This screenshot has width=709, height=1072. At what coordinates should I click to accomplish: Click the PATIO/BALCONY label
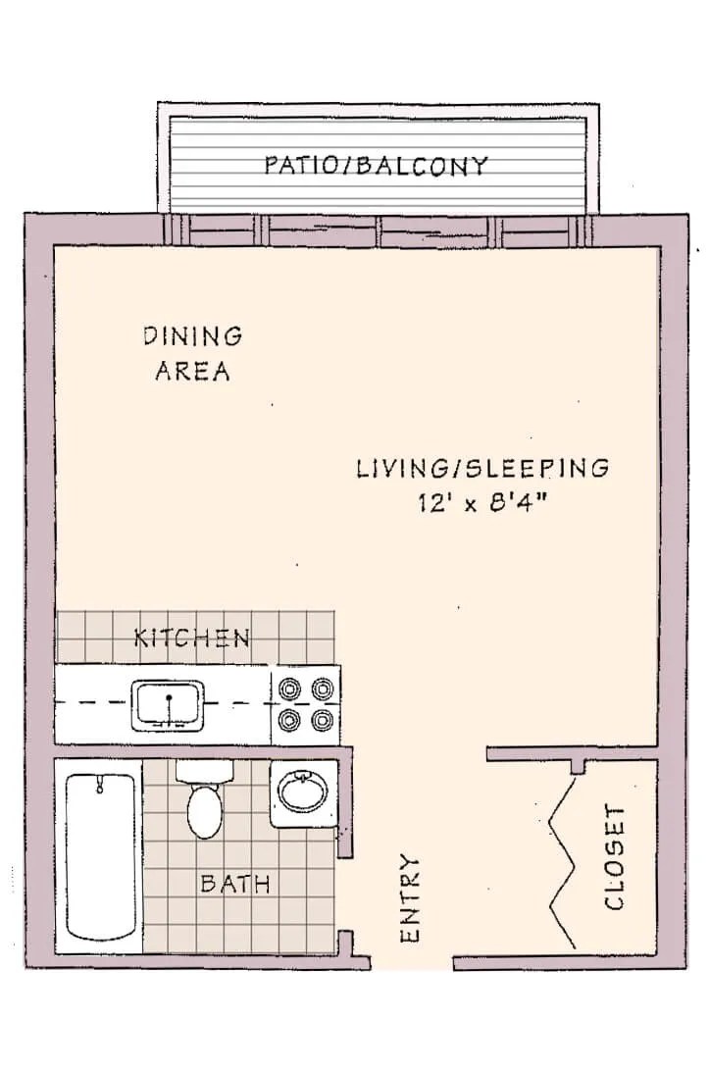click(376, 165)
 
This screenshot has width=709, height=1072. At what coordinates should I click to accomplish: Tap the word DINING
click(193, 336)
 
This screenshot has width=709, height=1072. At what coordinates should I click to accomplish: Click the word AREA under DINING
click(193, 372)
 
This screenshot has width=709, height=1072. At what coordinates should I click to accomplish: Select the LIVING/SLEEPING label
click(481, 468)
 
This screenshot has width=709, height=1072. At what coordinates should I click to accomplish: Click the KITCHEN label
click(192, 638)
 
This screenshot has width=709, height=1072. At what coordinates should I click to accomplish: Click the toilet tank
click(205, 770)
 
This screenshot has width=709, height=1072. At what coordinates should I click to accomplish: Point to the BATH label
click(235, 884)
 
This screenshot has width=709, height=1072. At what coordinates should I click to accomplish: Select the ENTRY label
click(411, 898)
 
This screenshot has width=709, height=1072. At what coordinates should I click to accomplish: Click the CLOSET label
click(615, 857)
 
